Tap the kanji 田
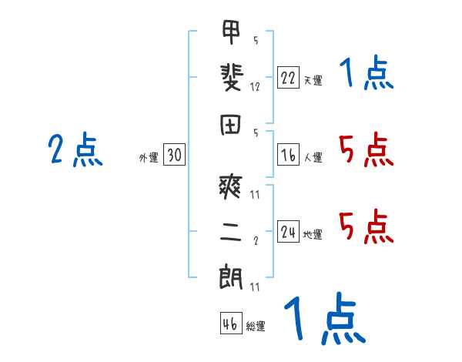point(230,125)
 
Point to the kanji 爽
point(230,185)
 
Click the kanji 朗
point(230,277)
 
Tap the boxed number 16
point(288,156)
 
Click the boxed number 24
point(288,233)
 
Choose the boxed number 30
point(174,156)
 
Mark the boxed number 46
point(230,323)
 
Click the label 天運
point(313,80)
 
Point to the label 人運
point(313,158)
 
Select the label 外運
point(148,157)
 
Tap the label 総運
point(256,326)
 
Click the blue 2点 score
point(75,149)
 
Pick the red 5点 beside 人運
point(366,149)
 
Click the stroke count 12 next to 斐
point(255,86)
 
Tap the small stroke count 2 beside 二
point(255,240)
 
